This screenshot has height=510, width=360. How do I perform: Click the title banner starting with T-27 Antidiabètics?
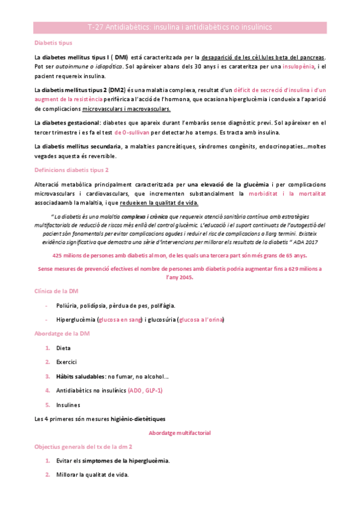[x=180, y=27]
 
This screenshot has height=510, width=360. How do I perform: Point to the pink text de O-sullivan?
[x=132, y=132]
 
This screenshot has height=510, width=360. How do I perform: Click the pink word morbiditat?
[x=263, y=194]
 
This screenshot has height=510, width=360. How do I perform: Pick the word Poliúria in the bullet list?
[x=69, y=306]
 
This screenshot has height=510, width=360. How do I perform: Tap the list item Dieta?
[x=63, y=348]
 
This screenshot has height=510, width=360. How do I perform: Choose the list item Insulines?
[x=68, y=405]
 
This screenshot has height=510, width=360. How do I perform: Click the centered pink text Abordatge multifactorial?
[x=180, y=432]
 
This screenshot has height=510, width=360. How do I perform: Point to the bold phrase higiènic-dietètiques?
[x=137, y=419]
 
